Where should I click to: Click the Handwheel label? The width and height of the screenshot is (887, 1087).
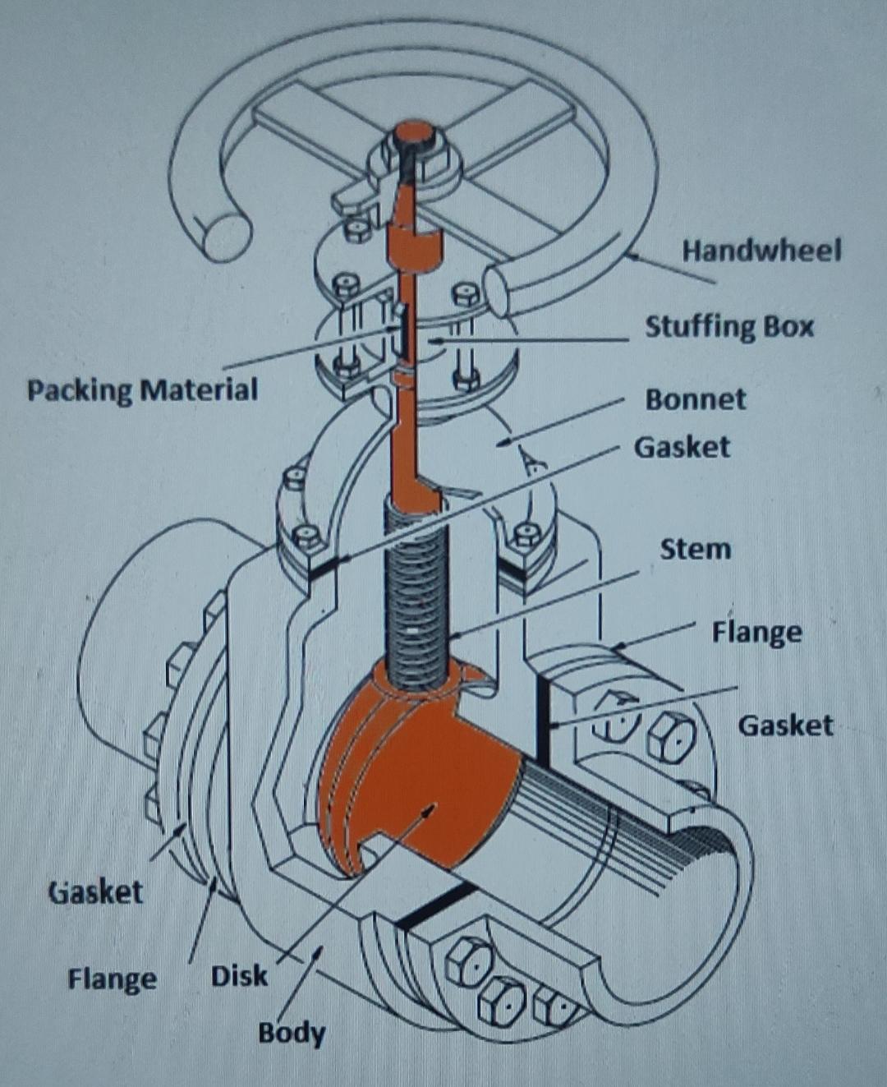[761, 250]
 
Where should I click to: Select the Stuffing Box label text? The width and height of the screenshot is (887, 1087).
[728, 326]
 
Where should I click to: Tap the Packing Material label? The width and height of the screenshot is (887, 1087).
[142, 389]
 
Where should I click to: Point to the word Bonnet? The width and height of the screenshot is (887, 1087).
[695, 399]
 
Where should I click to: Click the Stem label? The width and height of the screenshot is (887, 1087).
[695, 548]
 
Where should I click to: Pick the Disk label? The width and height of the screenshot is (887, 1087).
[239, 976]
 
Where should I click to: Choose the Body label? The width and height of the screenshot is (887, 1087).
[291, 1032]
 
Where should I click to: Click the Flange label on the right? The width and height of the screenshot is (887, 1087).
[756, 632]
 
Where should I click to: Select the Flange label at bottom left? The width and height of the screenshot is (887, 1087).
[112, 979]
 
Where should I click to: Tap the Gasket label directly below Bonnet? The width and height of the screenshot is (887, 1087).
[681, 447]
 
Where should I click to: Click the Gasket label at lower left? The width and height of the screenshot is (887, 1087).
[96, 891]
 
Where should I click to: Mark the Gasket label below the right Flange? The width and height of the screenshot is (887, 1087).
[784, 725]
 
